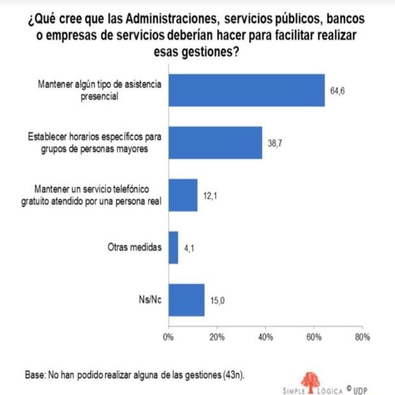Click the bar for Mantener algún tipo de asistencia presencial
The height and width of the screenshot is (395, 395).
(x=247, y=91)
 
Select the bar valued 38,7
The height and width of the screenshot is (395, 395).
(x=216, y=142)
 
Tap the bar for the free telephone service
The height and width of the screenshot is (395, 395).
(x=183, y=195)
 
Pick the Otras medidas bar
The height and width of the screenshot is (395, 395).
(x=174, y=247)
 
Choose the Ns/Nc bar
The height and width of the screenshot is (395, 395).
(x=186, y=300)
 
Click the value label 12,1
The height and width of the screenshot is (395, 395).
(x=210, y=195)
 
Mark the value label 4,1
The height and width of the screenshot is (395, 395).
(x=189, y=248)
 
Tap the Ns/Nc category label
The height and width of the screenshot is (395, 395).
(x=151, y=300)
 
